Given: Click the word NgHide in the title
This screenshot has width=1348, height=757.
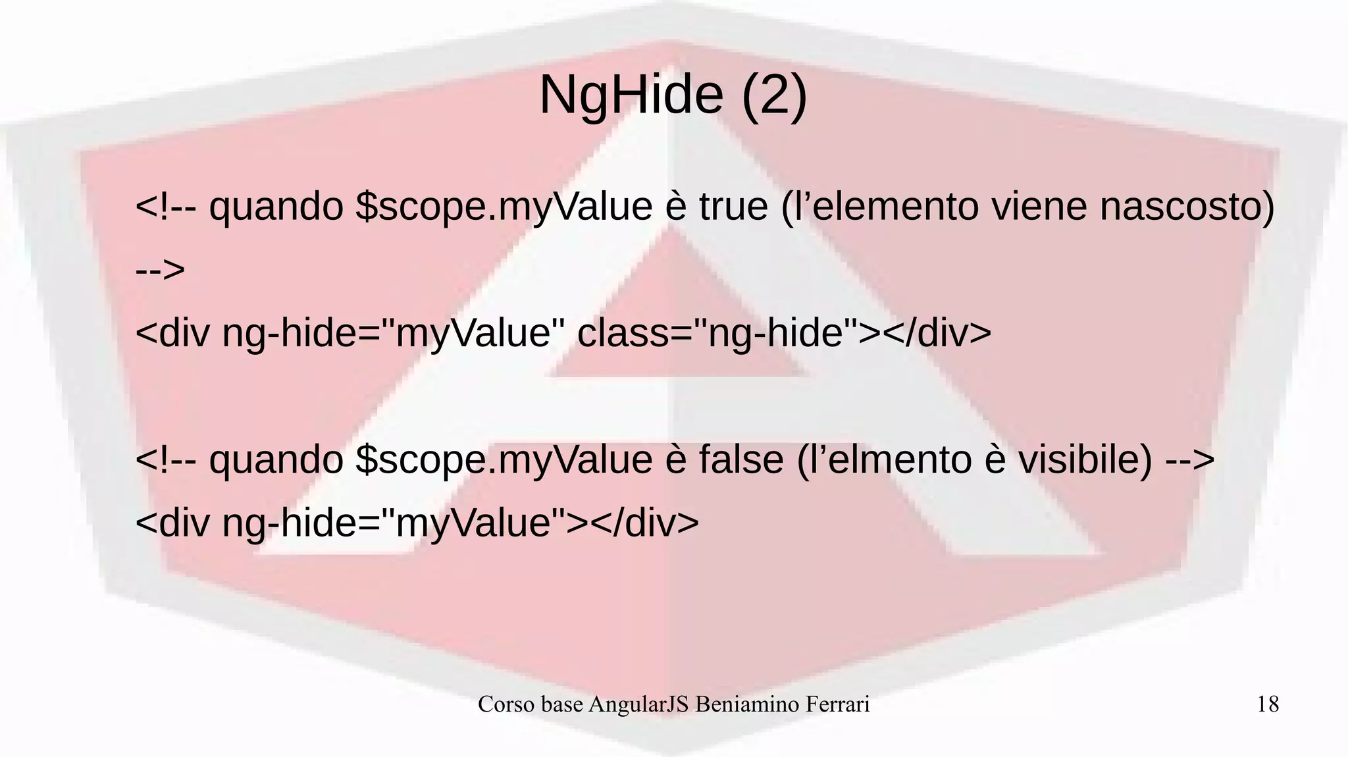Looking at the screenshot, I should (631, 95).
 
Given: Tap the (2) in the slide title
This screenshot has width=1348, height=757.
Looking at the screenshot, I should (774, 95).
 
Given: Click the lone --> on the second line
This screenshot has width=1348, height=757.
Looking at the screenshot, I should (160, 269).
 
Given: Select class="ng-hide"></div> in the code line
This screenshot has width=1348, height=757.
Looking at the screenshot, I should (784, 332).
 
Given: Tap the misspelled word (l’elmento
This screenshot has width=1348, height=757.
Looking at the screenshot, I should (884, 459).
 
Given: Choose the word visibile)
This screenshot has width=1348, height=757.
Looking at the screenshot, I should (1085, 459).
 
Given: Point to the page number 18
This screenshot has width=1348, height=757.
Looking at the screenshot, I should (1268, 704).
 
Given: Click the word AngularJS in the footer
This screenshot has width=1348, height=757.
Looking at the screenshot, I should (638, 704).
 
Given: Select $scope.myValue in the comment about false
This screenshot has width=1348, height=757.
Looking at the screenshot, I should (504, 459).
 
